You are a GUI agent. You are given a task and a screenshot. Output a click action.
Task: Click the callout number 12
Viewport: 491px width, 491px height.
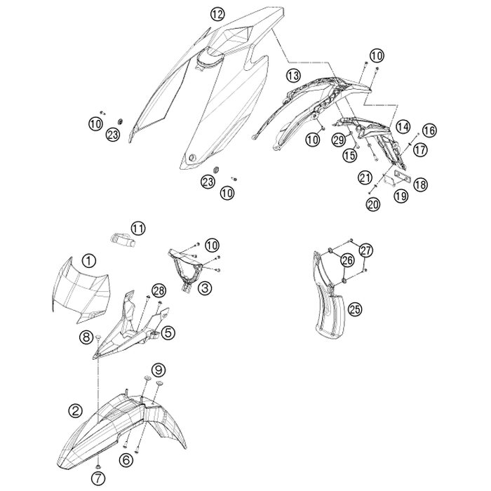click(x=217, y=14)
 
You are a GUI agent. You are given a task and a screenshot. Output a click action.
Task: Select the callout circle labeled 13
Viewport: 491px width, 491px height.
click(x=293, y=76)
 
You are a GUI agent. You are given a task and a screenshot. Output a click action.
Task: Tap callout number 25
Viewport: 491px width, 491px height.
click(x=355, y=309)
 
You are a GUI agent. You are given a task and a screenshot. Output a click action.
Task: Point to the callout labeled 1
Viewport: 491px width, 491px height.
click(x=88, y=260)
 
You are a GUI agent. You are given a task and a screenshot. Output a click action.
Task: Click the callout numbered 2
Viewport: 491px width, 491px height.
click(x=76, y=410)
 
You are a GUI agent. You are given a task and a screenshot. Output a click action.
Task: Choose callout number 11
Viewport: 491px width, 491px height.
click(x=138, y=228)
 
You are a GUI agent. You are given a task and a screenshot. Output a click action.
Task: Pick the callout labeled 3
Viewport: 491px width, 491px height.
click(x=205, y=288)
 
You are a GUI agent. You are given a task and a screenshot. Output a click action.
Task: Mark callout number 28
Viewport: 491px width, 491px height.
click(x=159, y=291)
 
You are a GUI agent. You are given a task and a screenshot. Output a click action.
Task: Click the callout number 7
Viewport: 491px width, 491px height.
click(x=98, y=478)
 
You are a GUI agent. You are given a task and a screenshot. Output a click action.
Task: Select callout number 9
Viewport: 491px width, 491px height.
click(x=159, y=370)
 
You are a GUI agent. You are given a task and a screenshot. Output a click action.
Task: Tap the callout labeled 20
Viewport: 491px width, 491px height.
click(x=372, y=205)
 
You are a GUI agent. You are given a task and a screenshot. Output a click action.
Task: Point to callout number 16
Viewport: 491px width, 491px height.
click(x=429, y=130)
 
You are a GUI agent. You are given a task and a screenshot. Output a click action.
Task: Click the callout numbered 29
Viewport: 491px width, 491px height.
click(x=339, y=140)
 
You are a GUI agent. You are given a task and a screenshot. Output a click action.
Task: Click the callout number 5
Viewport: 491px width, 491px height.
click(x=168, y=333)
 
